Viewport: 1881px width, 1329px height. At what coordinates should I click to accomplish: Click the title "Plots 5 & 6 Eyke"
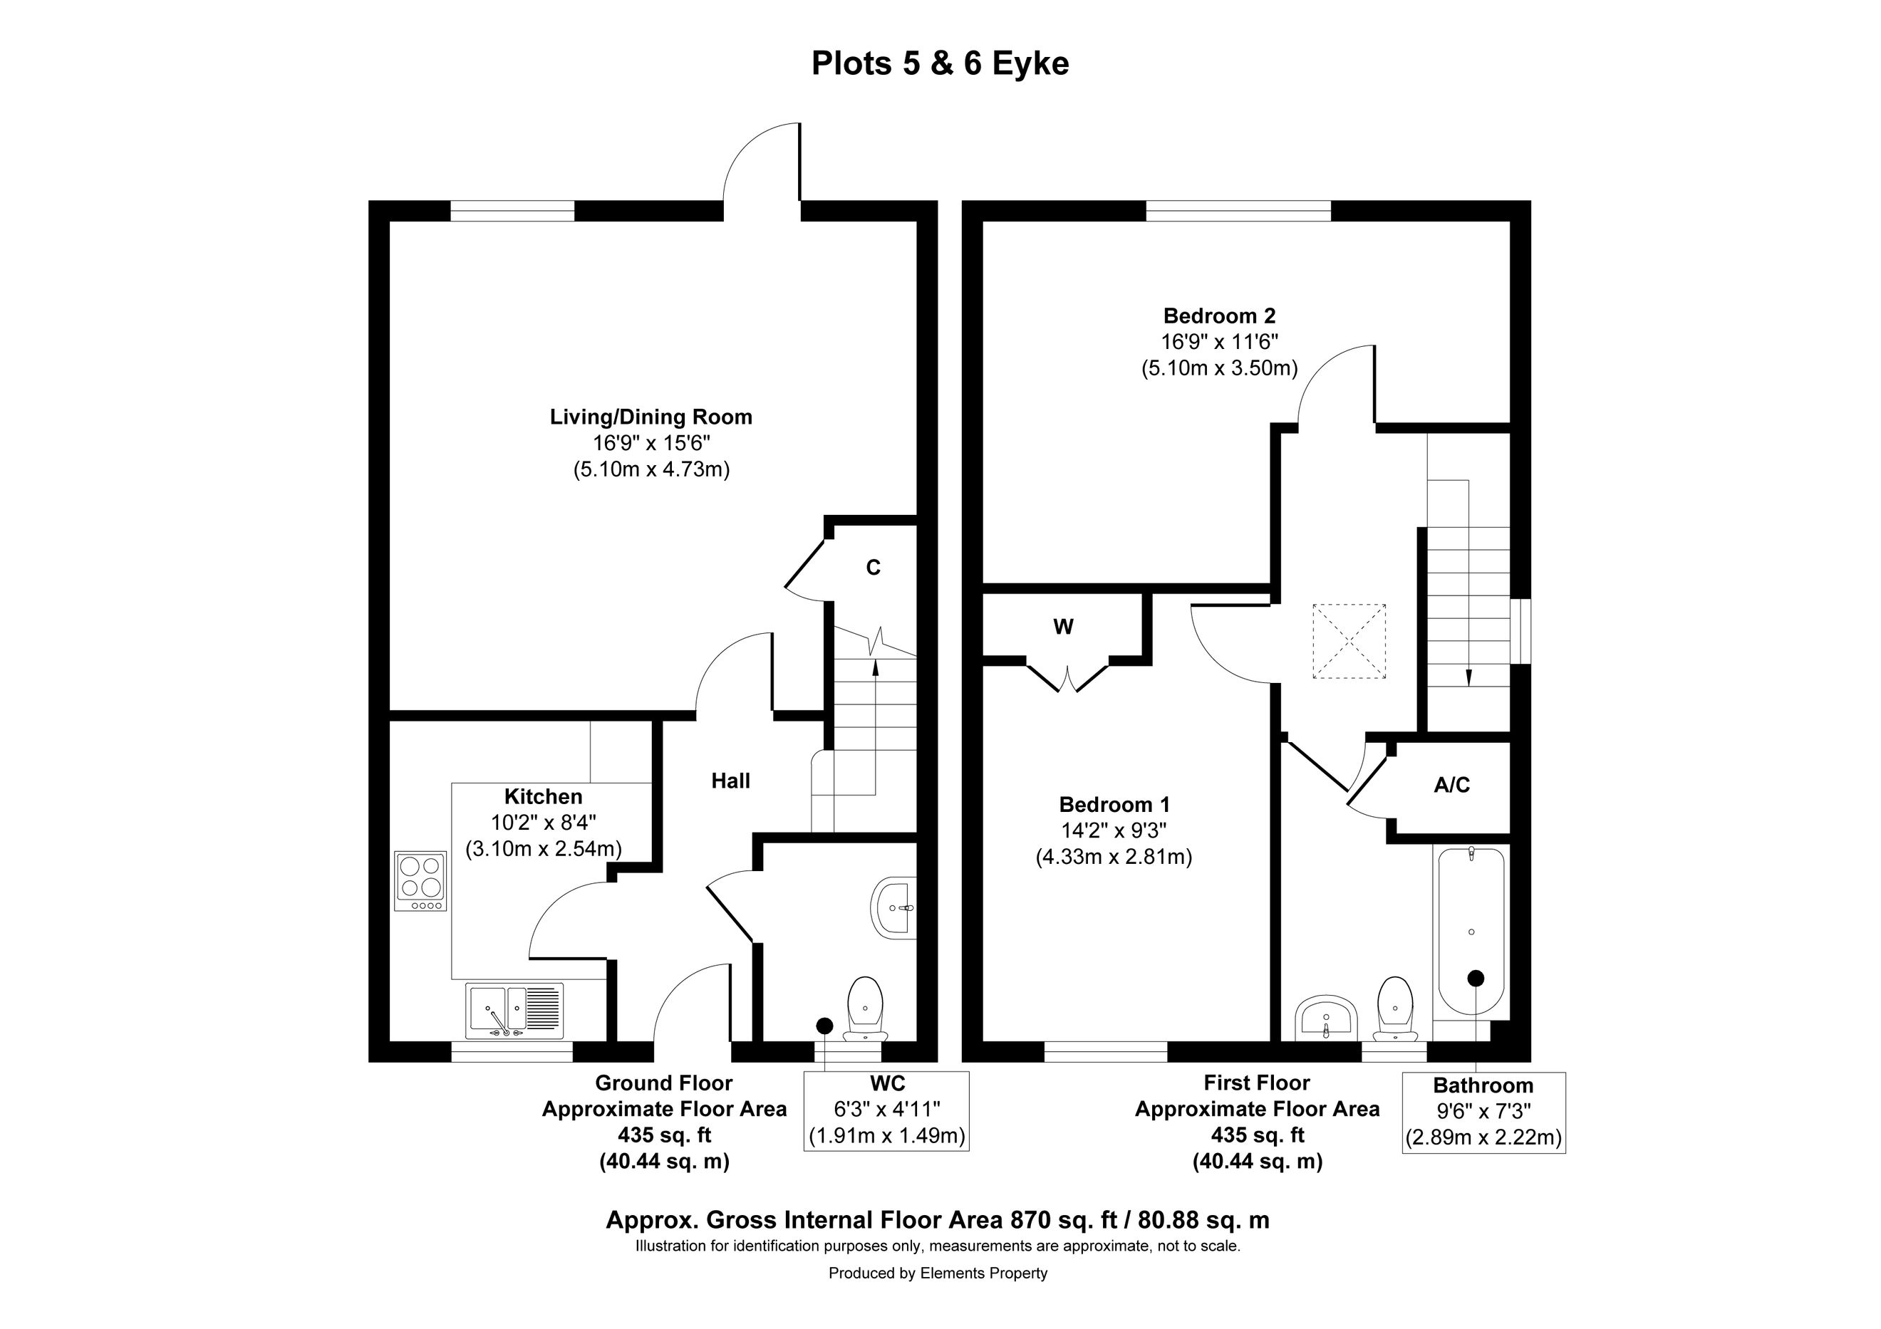tap(940, 64)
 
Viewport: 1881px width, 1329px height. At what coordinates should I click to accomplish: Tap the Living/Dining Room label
tap(651, 417)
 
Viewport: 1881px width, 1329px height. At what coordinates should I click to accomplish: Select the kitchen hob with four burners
tap(421, 881)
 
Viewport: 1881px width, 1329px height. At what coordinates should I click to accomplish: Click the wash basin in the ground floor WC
tap(893, 908)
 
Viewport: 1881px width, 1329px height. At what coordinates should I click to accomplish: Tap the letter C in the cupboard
tap(874, 568)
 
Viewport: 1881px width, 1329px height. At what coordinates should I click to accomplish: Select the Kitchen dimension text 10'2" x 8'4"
tap(544, 823)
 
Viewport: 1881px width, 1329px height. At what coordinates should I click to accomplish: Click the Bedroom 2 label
tap(1220, 316)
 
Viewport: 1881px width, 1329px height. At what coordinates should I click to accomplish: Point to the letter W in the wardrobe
tap(1063, 627)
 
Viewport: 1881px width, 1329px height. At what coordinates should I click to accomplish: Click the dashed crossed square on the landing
tap(1349, 641)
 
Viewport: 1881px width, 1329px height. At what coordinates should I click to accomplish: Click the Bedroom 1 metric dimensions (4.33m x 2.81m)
tap(1114, 858)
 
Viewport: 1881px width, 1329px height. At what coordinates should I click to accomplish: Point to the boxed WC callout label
tap(887, 1083)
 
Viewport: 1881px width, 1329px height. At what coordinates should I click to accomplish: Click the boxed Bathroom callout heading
tap(1483, 1086)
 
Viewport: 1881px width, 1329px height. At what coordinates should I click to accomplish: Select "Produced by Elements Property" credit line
tap(938, 1273)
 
